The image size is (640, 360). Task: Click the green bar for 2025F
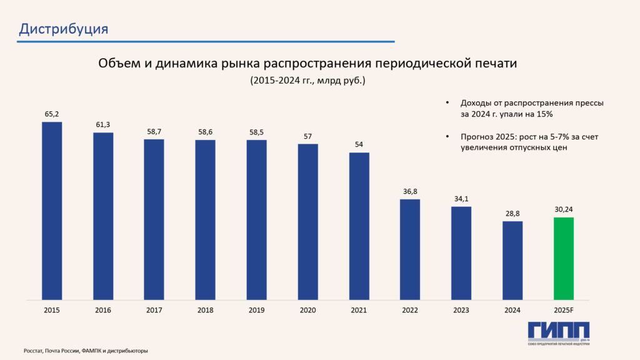click(564, 258)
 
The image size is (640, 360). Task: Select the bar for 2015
click(52, 211)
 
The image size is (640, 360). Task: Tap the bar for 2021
click(359, 226)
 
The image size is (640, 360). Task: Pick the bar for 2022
click(410, 249)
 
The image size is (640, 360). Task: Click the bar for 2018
click(205, 219)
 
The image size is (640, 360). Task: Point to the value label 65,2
click(52, 114)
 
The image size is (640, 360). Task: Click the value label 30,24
click(564, 210)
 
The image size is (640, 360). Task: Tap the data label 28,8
click(512, 214)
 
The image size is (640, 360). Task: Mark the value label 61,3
click(103, 125)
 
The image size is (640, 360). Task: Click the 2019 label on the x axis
click(256, 310)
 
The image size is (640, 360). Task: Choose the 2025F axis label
click(564, 310)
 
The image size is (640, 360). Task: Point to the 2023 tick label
click(461, 310)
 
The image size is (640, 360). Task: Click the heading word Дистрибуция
click(64, 29)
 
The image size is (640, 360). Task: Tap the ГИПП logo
click(558, 332)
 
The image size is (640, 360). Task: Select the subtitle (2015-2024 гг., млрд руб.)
click(307, 81)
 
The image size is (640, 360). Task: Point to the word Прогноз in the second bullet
click(478, 136)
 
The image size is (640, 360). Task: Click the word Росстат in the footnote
click(34, 351)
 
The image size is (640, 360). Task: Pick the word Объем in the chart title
click(117, 64)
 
